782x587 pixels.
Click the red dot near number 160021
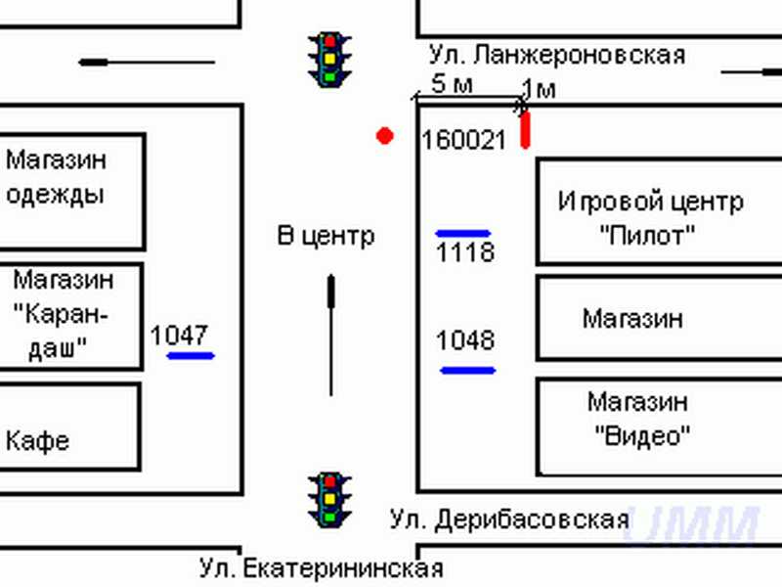coord(385,136)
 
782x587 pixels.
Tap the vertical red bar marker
coord(525,130)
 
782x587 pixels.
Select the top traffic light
coord(330,60)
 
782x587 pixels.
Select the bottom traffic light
coord(330,498)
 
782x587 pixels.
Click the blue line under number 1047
coord(191,355)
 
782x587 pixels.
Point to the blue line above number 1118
coord(463,234)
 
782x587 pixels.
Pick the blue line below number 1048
coord(468,370)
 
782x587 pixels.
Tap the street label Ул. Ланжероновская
coord(556,55)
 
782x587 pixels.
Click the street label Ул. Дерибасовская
coord(508,519)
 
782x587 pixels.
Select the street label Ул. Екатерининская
coord(321,568)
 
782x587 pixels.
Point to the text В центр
coord(326,236)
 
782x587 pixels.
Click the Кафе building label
coord(38,440)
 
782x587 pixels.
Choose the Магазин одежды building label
coord(56,176)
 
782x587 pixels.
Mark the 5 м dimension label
coord(451,84)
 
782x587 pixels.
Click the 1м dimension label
coord(538,90)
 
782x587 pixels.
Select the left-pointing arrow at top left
coord(147,63)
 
